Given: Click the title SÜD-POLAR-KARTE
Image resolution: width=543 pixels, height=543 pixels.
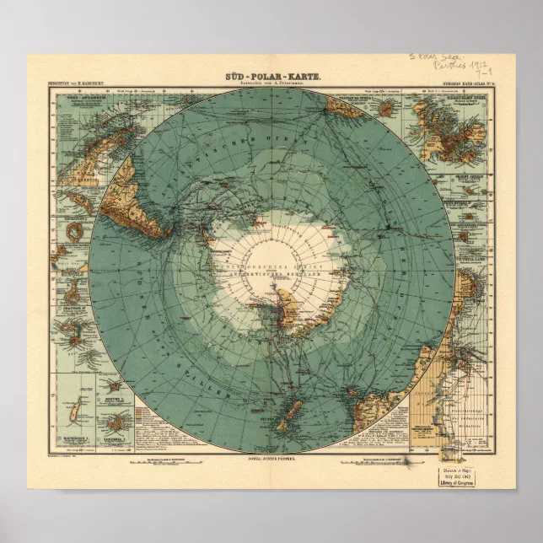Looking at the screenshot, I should click(271, 77).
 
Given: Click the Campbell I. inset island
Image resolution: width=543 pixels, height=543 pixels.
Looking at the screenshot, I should click(116, 419).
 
